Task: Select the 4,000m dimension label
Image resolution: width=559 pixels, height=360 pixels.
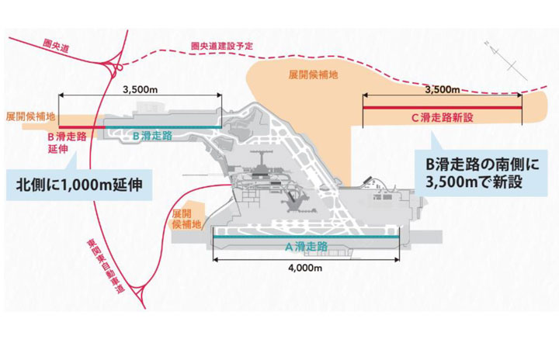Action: [304, 268]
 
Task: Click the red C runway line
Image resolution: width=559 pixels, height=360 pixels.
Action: [440, 108]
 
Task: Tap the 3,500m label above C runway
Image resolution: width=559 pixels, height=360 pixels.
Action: [441, 90]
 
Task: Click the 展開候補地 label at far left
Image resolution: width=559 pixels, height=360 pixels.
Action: [30, 116]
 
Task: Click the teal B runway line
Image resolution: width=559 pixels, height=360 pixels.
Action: [162, 126]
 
